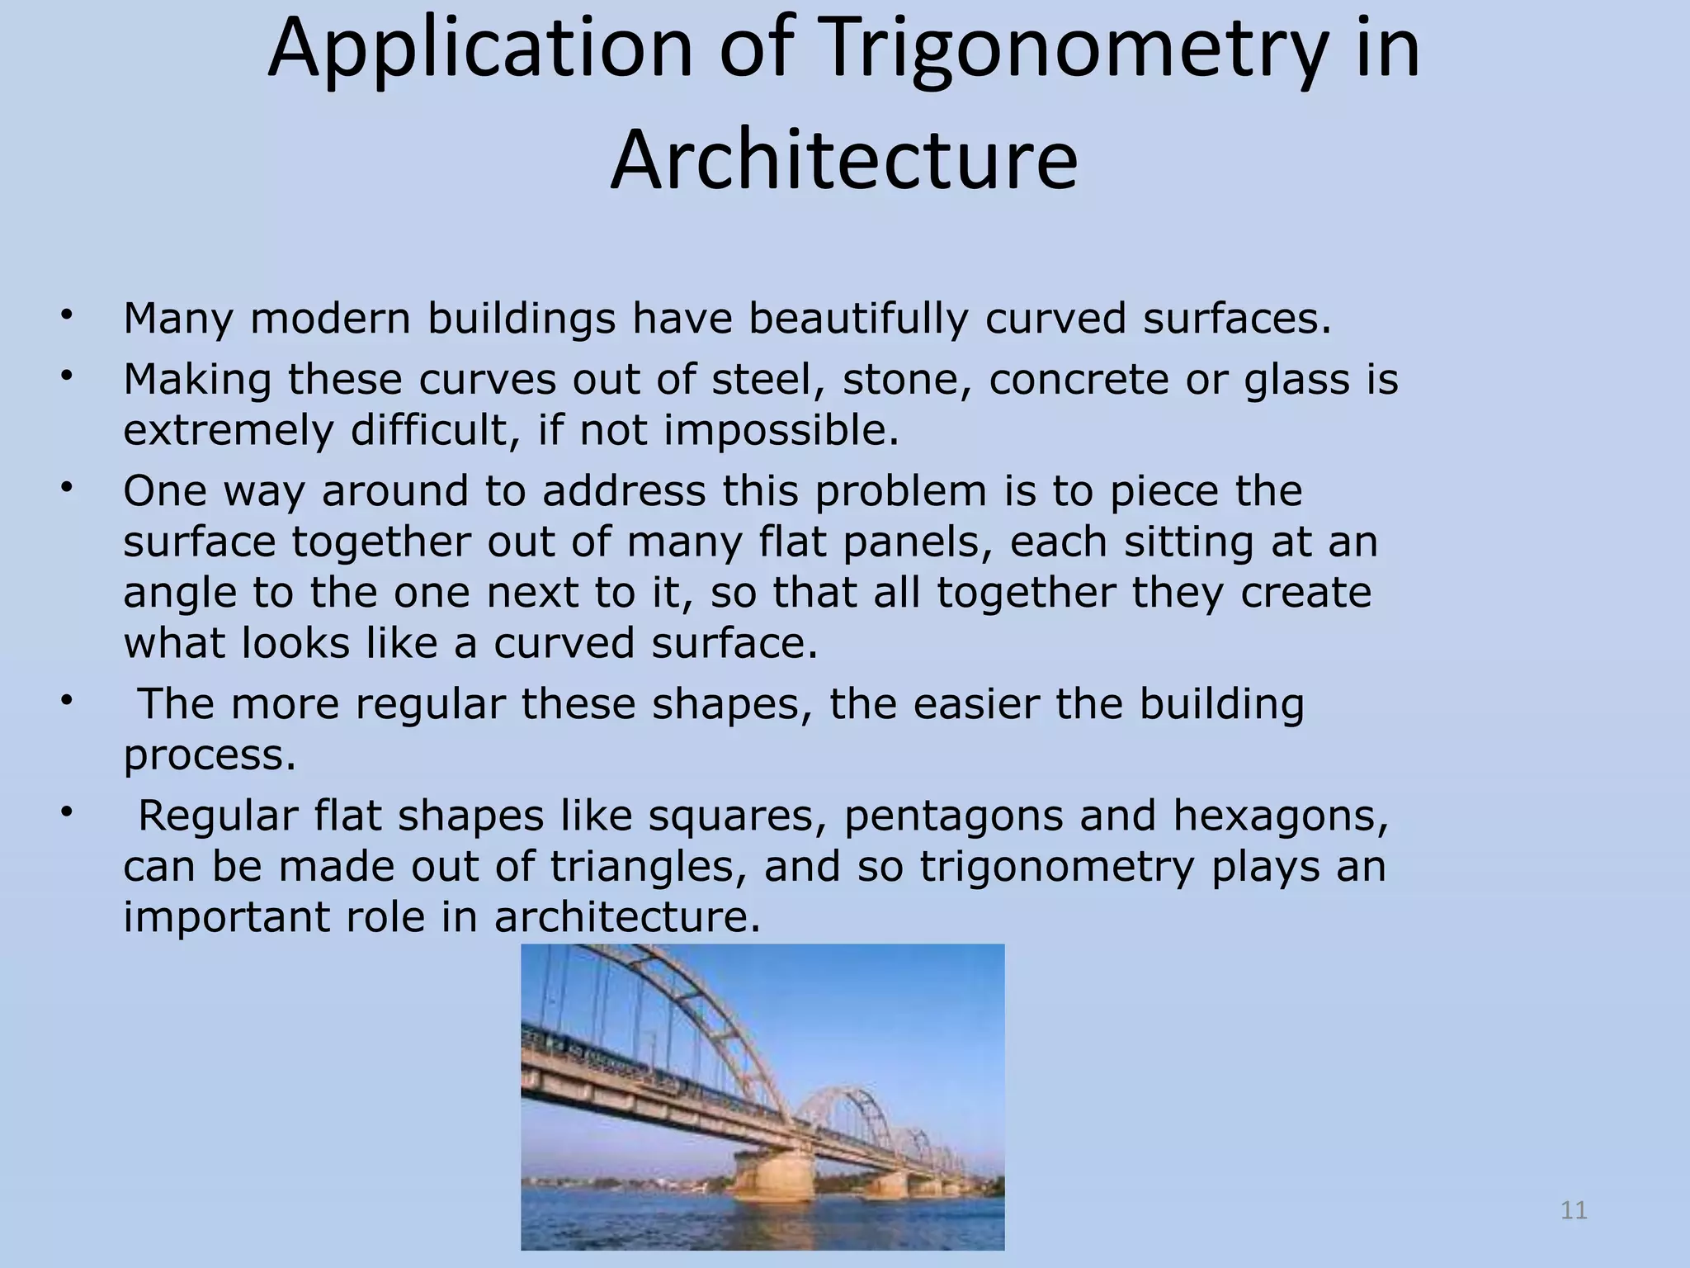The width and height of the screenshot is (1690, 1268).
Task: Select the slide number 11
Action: [1574, 1210]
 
